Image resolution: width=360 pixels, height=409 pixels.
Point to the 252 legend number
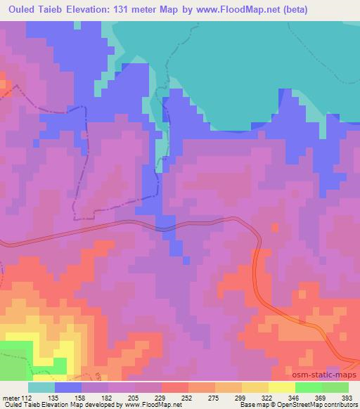(188, 397)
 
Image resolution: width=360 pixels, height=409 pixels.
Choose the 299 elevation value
(241, 397)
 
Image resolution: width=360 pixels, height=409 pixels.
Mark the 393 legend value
(348, 397)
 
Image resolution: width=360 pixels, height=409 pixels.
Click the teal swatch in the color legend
(41, 387)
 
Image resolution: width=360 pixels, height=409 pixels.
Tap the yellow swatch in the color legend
(281, 387)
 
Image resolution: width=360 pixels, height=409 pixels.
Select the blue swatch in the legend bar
(68, 387)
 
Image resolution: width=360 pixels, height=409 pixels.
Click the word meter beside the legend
(13, 397)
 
